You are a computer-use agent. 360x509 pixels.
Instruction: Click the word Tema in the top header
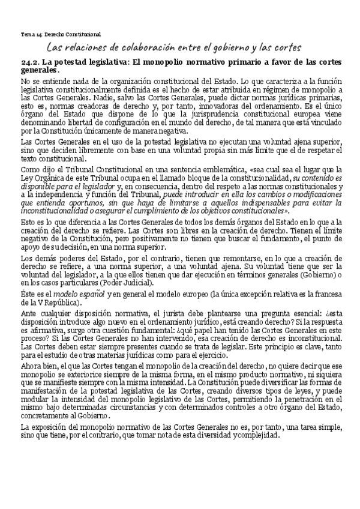28,34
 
